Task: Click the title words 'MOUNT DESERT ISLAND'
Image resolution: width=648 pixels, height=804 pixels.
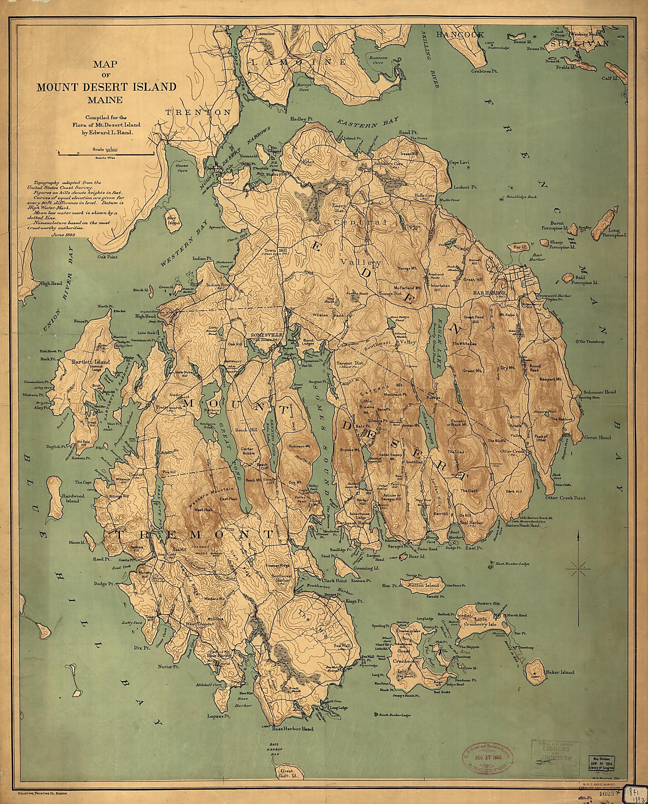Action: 106,87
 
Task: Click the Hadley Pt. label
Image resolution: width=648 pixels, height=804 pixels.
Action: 301,119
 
